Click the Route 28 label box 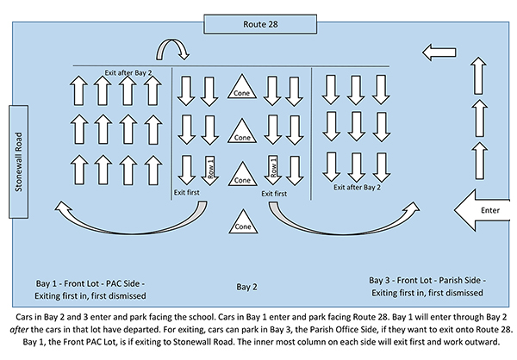[x=260, y=24]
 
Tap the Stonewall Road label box [x=18, y=162]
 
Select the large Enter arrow [x=482, y=210]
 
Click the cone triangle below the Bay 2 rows [x=243, y=221]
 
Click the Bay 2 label [x=246, y=287]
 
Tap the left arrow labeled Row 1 [x=210, y=171]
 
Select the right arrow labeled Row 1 [x=272, y=170]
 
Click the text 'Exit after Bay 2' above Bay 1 [x=128, y=72]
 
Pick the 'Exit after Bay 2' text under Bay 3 [x=357, y=187]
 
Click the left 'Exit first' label [x=187, y=192]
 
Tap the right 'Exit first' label [x=274, y=194]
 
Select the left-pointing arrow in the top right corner [x=439, y=53]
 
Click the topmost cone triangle [x=242, y=87]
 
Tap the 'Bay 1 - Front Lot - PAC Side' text [x=90, y=283]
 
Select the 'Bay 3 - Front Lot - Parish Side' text [x=427, y=280]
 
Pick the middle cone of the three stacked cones [x=242, y=132]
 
